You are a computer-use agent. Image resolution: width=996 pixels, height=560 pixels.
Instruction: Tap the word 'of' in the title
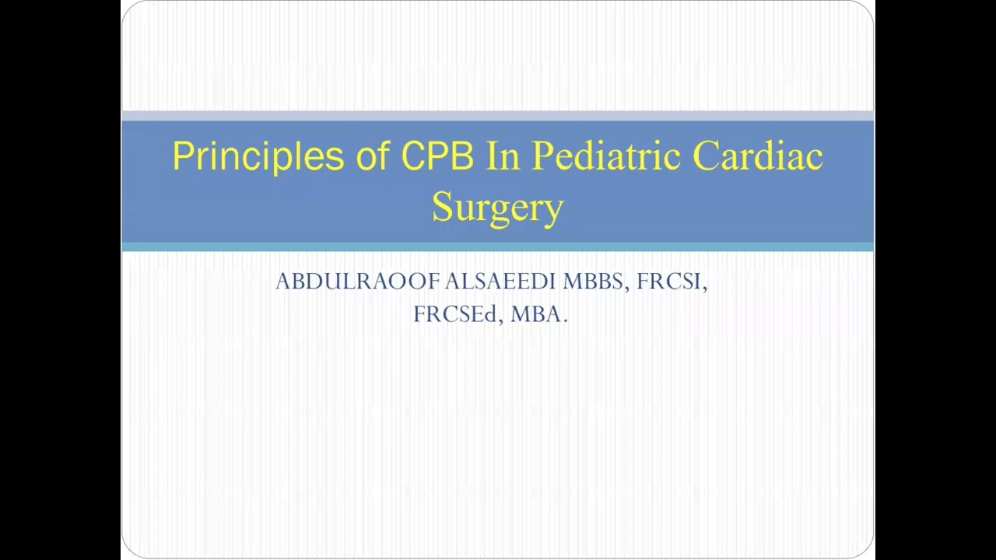click(x=370, y=156)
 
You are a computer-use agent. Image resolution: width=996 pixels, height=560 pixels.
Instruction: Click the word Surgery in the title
click(x=497, y=208)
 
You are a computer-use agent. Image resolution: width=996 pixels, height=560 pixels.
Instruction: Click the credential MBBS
click(x=593, y=282)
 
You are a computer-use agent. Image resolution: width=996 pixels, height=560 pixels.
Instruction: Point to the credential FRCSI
click(x=670, y=282)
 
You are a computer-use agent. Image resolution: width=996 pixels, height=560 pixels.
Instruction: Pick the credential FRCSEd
click(x=457, y=314)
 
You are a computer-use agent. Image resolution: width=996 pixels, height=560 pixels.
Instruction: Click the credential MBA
click(x=536, y=314)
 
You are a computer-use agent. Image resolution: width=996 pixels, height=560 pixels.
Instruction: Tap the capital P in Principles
click(x=182, y=156)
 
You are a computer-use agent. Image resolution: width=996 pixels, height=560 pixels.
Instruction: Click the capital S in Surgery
click(x=442, y=207)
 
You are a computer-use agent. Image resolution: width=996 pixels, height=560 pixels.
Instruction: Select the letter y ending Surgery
click(x=553, y=211)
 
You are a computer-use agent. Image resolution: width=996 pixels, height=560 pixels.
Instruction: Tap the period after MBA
click(x=566, y=320)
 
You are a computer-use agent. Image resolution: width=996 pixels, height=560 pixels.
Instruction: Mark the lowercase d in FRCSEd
click(x=491, y=314)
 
